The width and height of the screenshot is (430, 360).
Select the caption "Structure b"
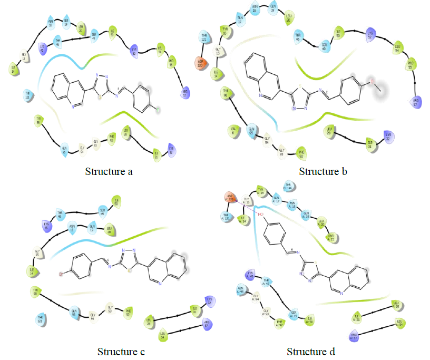[x=323, y=171]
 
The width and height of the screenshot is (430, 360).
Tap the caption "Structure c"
[x=122, y=351]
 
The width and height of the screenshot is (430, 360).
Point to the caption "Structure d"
[x=311, y=351]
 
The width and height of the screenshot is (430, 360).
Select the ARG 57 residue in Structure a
[x=185, y=93]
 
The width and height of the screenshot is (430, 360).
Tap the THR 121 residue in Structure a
[x=27, y=94]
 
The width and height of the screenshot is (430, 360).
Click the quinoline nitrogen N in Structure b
[x=261, y=95]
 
